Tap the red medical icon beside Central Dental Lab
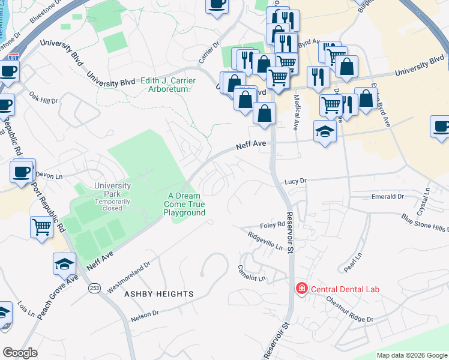pos(301,289)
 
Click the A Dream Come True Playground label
pos(187,204)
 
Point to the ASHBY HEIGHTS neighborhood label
pos(158,294)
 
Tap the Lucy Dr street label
pos(295,180)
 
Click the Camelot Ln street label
pos(252,273)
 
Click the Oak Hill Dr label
pos(43,97)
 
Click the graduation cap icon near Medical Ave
pos(325,131)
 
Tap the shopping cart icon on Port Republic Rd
pos(41,227)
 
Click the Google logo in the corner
pos(20,353)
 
